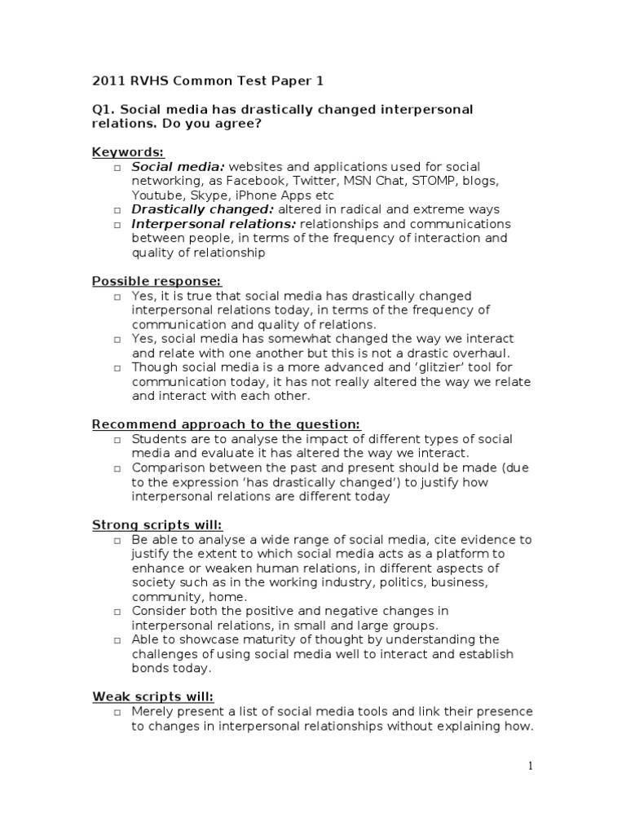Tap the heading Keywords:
point(128,152)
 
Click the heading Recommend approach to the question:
point(226,424)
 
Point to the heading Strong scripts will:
point(156,525)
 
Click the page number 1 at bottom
point(530,766)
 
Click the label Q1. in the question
point(104,109)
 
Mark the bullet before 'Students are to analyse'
point(118,440)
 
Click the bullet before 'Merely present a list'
point(118,712)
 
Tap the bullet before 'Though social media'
point(118,367)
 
